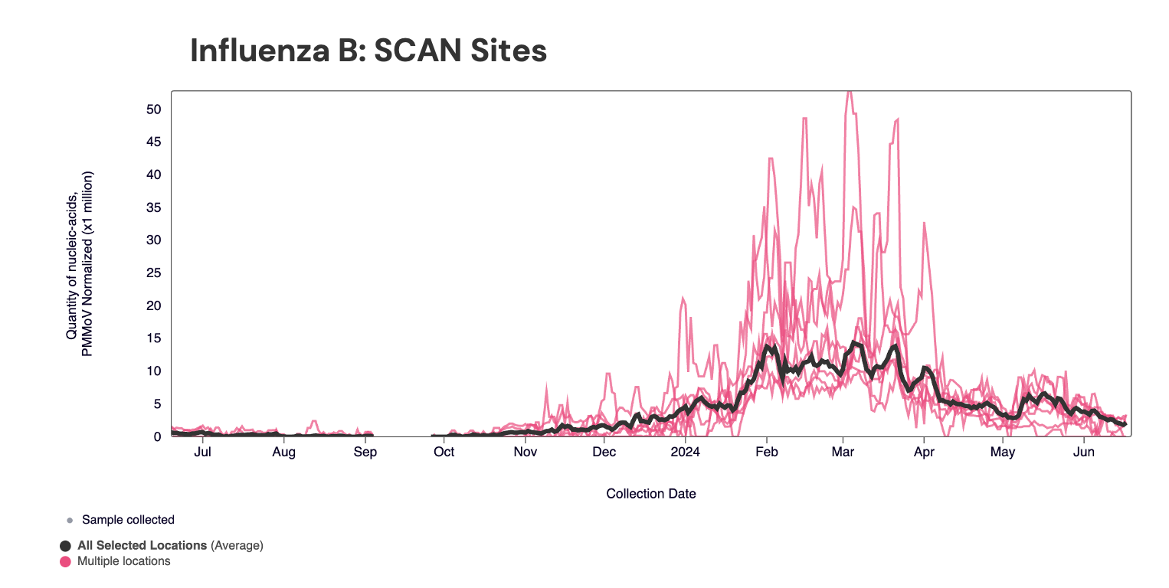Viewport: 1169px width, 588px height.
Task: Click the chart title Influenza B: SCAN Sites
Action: point(368,51)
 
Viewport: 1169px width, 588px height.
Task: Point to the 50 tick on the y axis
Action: point(153,109)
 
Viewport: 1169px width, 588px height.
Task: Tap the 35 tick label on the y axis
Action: point(153,207)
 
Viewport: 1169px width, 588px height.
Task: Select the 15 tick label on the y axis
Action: point(153,338)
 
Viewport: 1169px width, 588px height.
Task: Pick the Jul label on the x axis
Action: point(203,452)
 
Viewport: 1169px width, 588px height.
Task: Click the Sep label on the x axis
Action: point(365,452)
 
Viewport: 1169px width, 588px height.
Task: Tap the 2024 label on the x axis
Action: point(685,452)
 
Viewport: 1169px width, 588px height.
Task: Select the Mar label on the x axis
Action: point(843,452)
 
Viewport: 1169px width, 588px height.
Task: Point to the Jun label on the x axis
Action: point(1083,452)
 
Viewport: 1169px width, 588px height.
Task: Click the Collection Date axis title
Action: point(651,494)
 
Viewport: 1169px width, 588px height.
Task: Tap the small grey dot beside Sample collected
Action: point(70,521)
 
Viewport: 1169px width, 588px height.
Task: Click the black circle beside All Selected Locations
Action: point(66,546)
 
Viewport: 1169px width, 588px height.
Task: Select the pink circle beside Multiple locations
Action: point(66,561)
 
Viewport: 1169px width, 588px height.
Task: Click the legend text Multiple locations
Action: point(124,561)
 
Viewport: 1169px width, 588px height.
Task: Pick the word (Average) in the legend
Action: point(237,546)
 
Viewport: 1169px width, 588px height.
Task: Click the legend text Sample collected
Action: point(128,520)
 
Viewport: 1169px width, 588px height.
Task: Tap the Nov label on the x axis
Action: point(526,452)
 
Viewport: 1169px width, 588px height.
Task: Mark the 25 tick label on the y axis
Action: point(153,273)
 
